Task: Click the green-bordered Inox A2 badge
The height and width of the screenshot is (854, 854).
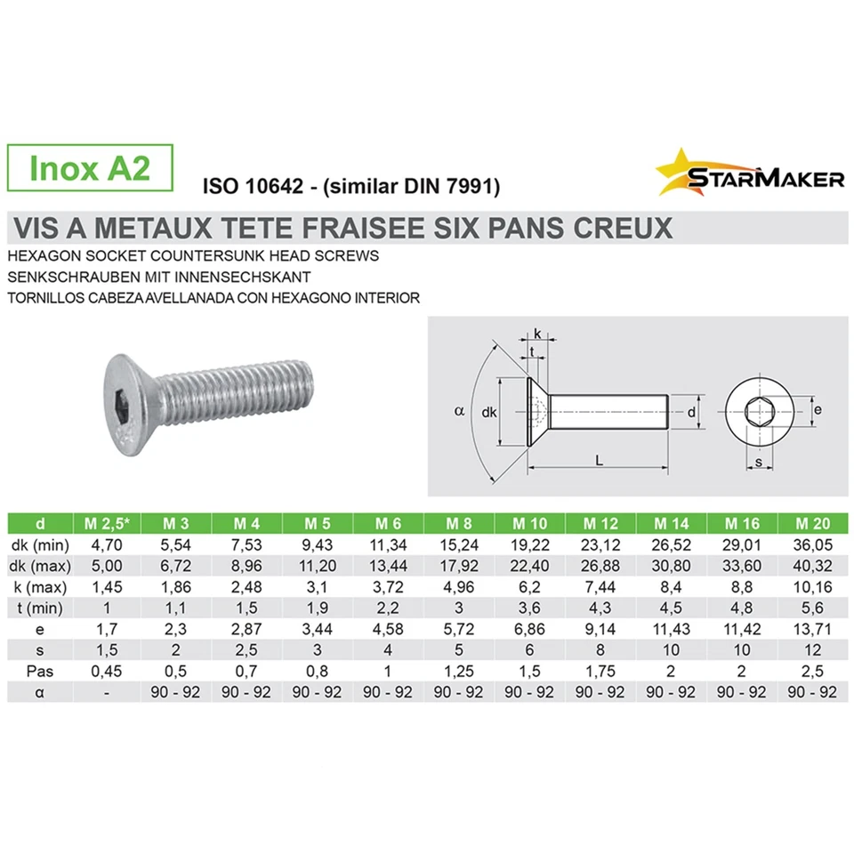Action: click(x=89, y=168)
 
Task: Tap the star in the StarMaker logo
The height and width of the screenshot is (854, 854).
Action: click(x=679, y=171)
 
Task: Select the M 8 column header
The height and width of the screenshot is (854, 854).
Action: click(x=459, y=522)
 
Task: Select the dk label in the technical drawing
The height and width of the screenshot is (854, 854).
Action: click(x=487, y=412)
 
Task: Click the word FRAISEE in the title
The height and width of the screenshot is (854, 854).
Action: click(x=375, y=229)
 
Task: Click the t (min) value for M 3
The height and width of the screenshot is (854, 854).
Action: click(x=175, y=608)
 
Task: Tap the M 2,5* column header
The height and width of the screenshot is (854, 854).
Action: click(x=105, y=522)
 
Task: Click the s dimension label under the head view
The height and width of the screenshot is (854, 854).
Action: click(x=757, y=462)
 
